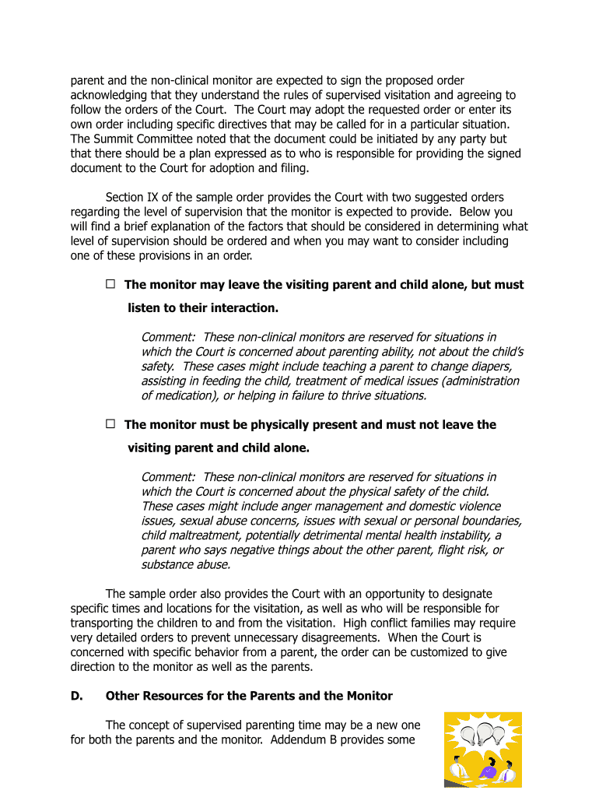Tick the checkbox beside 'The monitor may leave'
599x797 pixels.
110,284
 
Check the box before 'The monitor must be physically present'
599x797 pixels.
110,424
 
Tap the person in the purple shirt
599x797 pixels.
488,770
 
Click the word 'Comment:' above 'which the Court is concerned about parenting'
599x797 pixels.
169,337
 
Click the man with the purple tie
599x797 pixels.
508,771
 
